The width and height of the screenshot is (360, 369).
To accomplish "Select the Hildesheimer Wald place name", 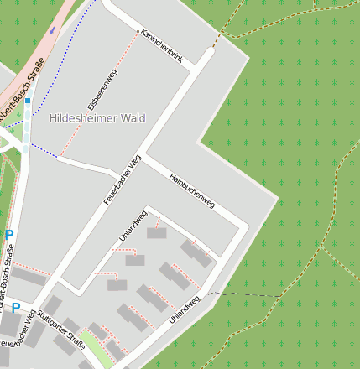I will (97, 118).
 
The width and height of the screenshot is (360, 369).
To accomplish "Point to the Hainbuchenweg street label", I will (192, 190).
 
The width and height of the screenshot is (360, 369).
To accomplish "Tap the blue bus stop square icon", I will (27, 101).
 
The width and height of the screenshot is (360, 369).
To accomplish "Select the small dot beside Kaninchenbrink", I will (138, 31).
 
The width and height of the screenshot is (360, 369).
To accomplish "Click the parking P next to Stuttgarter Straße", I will (15, 308).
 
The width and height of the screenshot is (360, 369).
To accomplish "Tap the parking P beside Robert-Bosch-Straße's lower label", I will (9, 236).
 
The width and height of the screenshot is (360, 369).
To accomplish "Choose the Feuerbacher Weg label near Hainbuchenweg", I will (123, 180).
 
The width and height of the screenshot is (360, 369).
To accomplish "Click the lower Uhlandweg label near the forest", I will (184, 309).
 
